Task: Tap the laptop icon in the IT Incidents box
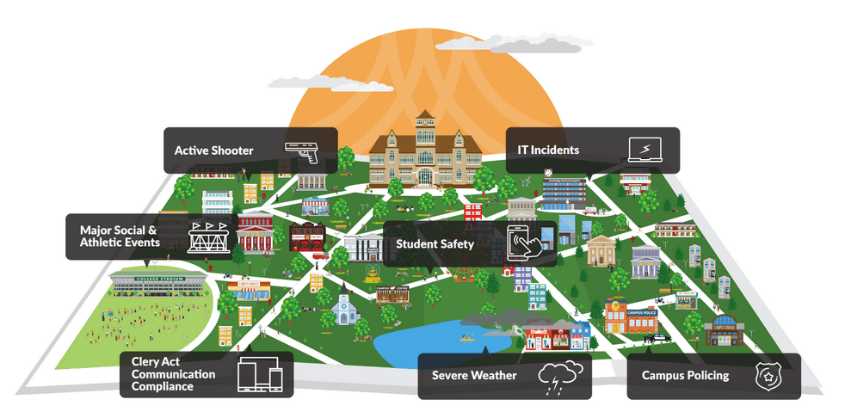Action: tap(645, 150)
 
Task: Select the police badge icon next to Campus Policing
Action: tap(765, 376)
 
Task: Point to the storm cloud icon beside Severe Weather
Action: tap(560, 376)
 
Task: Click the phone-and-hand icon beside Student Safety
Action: tap(529, 243)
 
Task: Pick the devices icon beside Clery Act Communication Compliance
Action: tap(260, 374)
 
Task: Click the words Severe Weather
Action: tap(474, 376)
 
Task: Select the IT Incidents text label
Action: tap(548, 151)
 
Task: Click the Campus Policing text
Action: tap(685, 376)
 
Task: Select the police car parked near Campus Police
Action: tap(660, 338)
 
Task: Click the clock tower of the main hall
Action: tap(424, 127)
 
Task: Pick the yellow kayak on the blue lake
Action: tap(469, 338)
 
